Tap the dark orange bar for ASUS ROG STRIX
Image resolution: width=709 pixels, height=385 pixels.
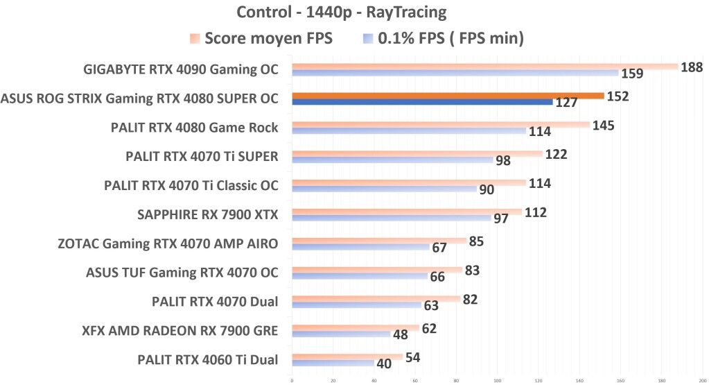point(448,96)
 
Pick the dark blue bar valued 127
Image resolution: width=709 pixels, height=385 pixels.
point(422,102)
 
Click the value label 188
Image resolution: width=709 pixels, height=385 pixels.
point(692,67)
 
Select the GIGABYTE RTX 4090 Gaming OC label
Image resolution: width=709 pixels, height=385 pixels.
point(180,69)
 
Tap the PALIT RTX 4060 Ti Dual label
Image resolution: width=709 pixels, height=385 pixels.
point(208,359)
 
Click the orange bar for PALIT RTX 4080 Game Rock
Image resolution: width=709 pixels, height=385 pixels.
point(441,125)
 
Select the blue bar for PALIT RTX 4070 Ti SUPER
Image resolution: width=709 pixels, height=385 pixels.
point(392,160)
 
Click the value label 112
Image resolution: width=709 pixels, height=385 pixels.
point(536,212)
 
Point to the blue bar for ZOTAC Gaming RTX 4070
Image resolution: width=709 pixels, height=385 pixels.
point(360,247)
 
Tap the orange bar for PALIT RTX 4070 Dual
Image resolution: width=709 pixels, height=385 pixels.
point(376,298)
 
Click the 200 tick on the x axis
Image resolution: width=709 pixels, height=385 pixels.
point(702,379)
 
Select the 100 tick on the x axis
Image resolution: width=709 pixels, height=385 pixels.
point(498,379)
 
